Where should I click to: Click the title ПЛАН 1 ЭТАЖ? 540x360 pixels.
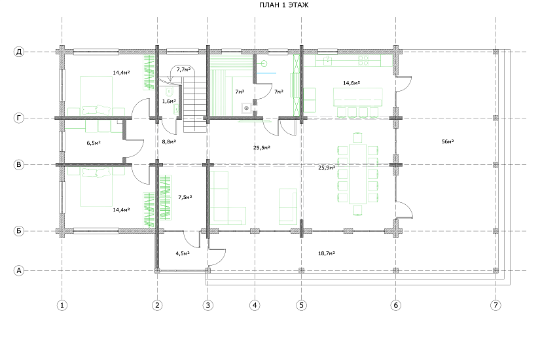(284, 5)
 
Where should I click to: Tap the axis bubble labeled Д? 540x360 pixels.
(19, 52)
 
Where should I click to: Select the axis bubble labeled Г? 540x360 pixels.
(19, 118)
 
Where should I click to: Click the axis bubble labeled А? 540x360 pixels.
(19, 271)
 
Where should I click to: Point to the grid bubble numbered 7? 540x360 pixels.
(495, 305)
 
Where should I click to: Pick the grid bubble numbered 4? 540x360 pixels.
(255, 305)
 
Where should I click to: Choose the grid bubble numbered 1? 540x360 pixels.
(62, 305)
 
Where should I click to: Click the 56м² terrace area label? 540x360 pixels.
(448, 141)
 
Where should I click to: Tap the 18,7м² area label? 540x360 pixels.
(327, 253)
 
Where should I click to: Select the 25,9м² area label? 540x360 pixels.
(327, 168)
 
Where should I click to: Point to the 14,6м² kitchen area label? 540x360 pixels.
(351, 83)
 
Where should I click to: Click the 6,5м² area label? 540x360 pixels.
(94, 143)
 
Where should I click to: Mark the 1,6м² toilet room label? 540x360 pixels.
(169, 101)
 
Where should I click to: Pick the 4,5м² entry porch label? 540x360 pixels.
(183, 253)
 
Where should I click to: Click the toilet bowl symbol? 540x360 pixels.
(169, 92)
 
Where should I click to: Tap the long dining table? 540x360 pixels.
(357, 174)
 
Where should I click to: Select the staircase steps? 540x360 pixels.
(195, 105)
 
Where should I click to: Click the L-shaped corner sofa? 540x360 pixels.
(228, 198)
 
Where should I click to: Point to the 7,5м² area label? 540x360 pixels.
(185, 198)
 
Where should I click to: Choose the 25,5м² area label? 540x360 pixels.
(262, 148)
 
